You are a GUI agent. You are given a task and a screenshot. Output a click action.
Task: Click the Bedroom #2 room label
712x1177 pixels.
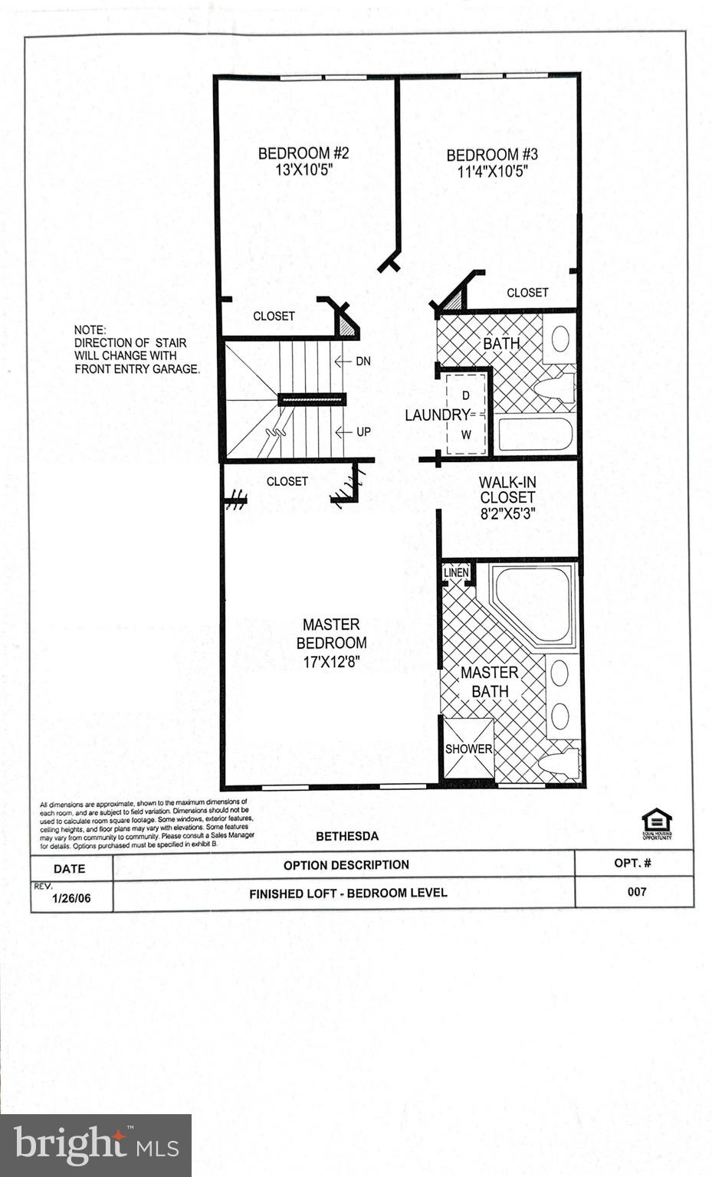click(303, 153)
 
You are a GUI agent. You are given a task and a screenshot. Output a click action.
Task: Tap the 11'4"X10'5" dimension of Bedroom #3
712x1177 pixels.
click(493, 172)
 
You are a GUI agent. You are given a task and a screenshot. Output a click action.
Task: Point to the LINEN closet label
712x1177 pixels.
click(455, 572)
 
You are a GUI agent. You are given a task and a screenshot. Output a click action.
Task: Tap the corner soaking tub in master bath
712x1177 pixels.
click(533, 603)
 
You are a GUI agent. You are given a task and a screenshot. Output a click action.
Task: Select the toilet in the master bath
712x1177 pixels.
click(558, 762)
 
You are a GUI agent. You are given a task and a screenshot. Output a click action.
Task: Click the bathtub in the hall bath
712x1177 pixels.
click(535, 434)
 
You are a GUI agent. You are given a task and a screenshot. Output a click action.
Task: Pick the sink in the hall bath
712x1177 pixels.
click(560, 339)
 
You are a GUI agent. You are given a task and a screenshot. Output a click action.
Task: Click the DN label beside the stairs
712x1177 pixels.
click(363, 361)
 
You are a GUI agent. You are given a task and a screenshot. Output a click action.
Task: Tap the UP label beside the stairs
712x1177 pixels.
click(363, 432)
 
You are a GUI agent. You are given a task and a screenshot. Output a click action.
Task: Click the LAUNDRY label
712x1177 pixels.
click(436, 415)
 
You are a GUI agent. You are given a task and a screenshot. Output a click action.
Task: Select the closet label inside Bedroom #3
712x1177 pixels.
click(527, 293)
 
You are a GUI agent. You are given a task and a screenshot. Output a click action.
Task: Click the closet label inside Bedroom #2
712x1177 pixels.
click(274, 316)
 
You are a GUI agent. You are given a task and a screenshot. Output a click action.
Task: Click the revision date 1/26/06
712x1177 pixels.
click(71, 898)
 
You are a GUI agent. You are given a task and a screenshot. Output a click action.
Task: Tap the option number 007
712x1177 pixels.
click(636, 891)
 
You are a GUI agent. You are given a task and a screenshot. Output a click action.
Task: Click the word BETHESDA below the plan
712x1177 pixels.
click(347, 836)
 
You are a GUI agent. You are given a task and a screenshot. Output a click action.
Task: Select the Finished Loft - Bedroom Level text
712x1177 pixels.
click(348, 893)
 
